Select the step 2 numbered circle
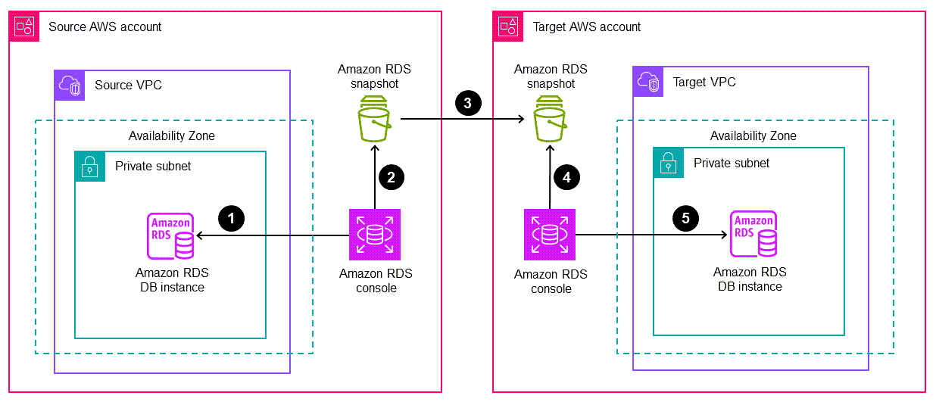pos(391,178)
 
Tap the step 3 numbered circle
pos(467,104)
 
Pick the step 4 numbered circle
pos(566,178)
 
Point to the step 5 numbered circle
pos(685,219)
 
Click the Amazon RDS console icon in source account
pos(375,235)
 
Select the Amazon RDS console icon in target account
pos(550,235)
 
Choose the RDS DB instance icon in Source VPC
pos(171,237)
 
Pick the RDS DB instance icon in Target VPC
pos(753,235)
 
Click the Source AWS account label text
pos(105,26)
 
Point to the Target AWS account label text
pos(587,26)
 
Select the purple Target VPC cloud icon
pos(648,82)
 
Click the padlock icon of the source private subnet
pos(89,166)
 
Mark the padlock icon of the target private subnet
pos(668,163)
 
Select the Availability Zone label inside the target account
pos(753,136)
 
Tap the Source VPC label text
pos(128,85)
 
